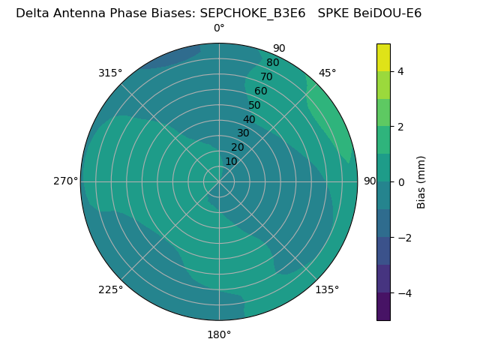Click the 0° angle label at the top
[x=219, y=28]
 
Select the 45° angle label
[x=327, y=73]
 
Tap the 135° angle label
[x=327, y=289]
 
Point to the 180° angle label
[x=219, y=334]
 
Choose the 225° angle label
[x=110, y=289]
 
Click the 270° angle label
[x=65, y=181]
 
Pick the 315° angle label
[x=110, y=73]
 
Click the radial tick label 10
[x=231, y=161]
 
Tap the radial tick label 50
[x=254, y=105]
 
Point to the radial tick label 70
[x=266, y=76]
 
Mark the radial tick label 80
[x=272, y=63]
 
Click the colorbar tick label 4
[x=400, y=71]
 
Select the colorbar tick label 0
[x=400, y=182]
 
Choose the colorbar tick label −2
[x=403, y=238]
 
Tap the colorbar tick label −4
[x=403, y=293]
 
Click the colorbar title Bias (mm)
[x=421, y=182]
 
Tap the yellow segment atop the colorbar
[x=383, y=58]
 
